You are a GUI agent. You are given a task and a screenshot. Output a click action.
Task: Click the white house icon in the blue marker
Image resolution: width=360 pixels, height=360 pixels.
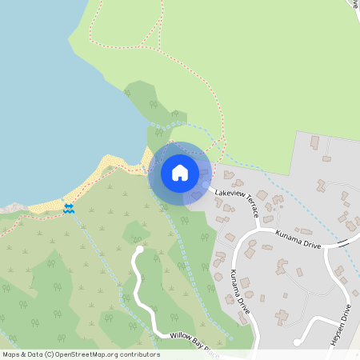180,172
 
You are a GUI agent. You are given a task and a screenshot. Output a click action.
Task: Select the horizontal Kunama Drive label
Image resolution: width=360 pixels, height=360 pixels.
298,238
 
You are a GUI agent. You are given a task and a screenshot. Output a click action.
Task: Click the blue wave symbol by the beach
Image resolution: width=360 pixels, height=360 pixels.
70,208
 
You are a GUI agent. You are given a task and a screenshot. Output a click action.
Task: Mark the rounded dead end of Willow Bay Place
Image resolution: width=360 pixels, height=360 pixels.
140,250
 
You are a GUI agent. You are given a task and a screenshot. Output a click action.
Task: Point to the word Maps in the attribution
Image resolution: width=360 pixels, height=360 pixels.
11,354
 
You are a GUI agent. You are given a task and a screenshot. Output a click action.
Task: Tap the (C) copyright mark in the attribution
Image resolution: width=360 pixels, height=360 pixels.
50,354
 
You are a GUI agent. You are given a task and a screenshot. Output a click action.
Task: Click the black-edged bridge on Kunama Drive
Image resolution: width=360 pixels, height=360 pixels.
346,241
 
